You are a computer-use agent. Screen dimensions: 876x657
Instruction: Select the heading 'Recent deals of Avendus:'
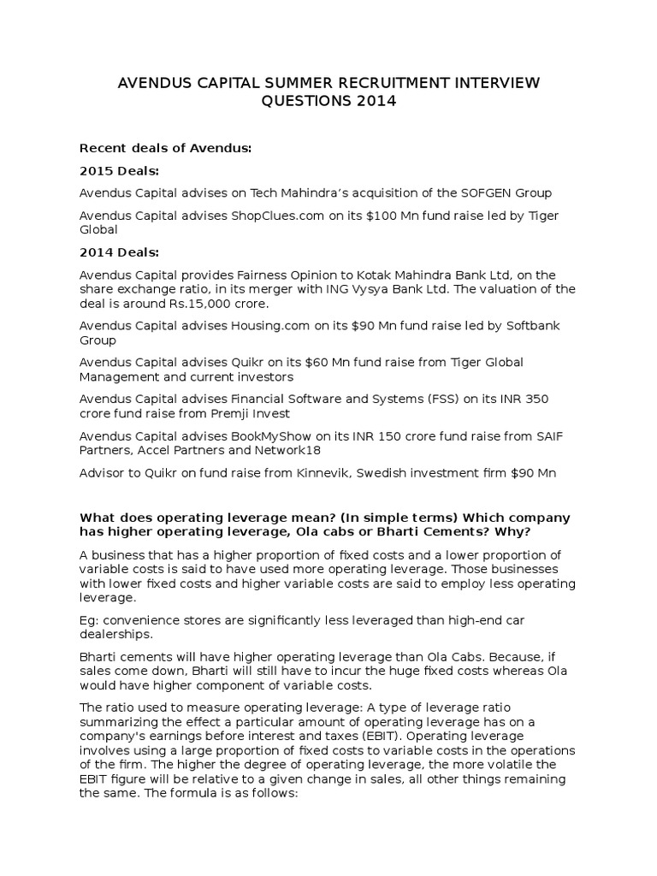(166, 148)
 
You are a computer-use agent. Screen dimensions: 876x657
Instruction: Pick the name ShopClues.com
(278, 216)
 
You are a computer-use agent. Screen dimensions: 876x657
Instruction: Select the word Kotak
(394, 275)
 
